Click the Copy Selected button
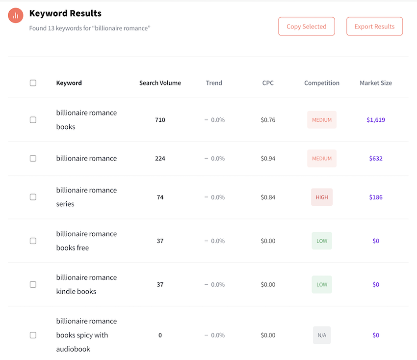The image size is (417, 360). pyautogui.click(x=306, y=27)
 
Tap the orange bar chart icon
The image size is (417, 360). pyautogui.click(x=16, y=16)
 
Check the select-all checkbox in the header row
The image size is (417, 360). pyautogui.click(x=33, y=83)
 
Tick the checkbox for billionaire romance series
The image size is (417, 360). pyautogui.click(x=33, y=197)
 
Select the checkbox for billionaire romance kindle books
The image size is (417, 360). pyautogui.click(x=33, y=284)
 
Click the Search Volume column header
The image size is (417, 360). pyautogui.click(x=160, y=83)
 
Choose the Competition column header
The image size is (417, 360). pyautogui.click(x=321, y=83)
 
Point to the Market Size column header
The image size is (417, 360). pyautogui.click(x=375, y=83)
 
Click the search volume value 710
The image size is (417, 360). pyautogui.click(x=160, y=120)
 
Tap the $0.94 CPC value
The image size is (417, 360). pyautogui.click(x=268, y=159)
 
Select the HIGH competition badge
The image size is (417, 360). pyautogui.click(x=321, y=197)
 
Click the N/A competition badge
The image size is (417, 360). pyautogui.click(x=321, y=335)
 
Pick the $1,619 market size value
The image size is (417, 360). pyautogui.click(x=375, y=120)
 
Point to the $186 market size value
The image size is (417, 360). pyautogui.click(x=375, y=197)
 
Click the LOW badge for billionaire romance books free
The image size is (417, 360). pyautogui.click(x=321, y=241)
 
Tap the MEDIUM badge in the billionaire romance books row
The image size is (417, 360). pyautogui.click(x=321, y=120)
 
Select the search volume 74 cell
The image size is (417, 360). pyautogui.click(x=160, y=197)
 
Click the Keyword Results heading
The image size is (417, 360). pyautogui.click(x=65, y=13)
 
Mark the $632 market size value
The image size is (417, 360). pyautogui.click(x=375, y=159)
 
